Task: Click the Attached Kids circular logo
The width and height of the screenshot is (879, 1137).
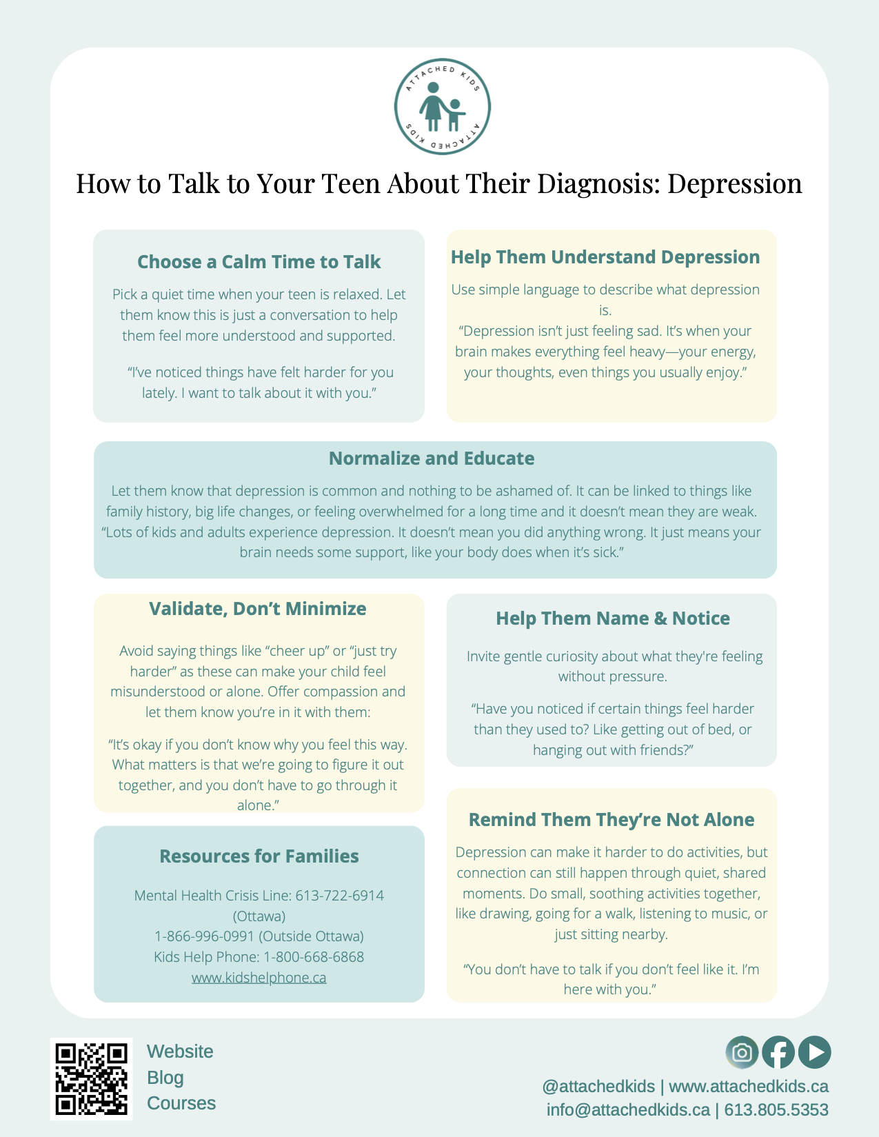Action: point(442,107)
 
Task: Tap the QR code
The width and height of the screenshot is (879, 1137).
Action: point(92,1078)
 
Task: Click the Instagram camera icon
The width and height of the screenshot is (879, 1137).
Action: point(742,1052)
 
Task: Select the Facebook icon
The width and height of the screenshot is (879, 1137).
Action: point(778,1052)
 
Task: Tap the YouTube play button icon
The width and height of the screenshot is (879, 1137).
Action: point(815,1052)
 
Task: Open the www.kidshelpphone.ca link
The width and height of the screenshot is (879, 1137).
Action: point(259,978)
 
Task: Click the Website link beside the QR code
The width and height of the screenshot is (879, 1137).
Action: point(180,1052)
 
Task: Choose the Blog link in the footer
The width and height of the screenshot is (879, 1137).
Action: point(165,1078)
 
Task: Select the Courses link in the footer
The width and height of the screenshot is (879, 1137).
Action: point(181,1103)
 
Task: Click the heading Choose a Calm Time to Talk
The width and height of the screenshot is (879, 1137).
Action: point(259,262)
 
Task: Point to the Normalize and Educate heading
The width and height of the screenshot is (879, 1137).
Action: point(432,459)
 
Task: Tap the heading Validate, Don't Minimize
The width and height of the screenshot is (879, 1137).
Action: point(258,609)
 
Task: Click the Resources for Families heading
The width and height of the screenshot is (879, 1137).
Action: point(259,856)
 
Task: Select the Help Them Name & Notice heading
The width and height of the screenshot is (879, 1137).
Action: point(612,618)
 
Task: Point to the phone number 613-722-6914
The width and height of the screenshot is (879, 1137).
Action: point(339,896)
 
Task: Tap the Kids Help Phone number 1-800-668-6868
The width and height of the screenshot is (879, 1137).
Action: point(314,957)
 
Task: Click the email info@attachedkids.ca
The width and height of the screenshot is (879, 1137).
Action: point(627,1110)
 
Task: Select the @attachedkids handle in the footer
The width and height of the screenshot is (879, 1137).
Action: point(598,1087)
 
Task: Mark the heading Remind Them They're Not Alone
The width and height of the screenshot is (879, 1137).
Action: point(612,820)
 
